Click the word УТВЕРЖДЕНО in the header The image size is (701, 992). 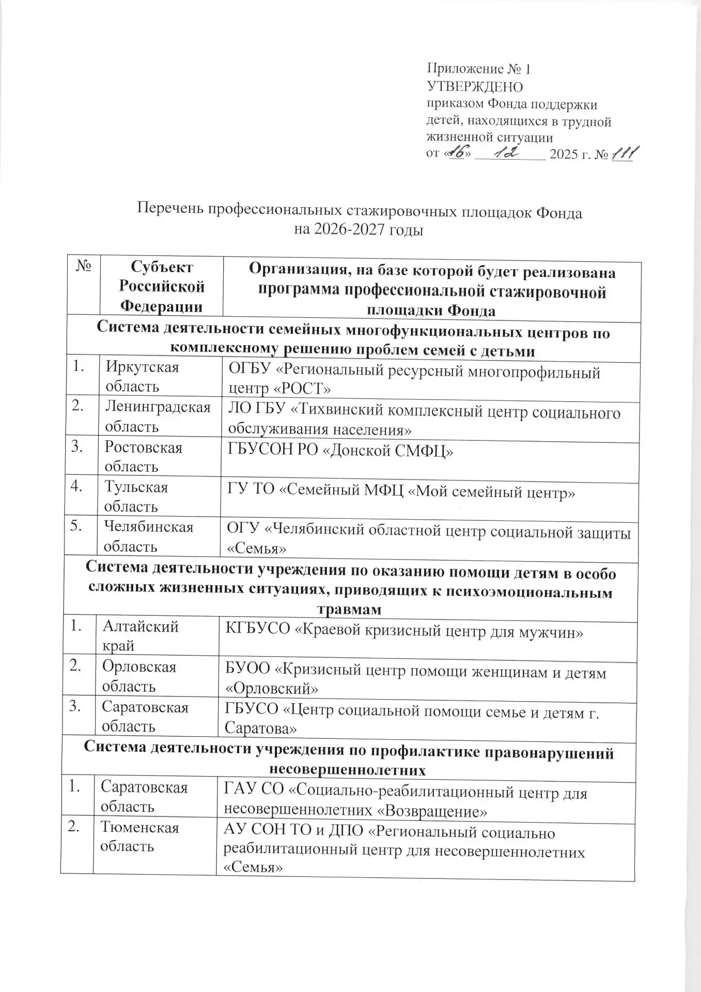(474, 86)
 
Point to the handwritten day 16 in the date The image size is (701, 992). (457, 153)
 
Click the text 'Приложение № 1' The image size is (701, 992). (478, 69)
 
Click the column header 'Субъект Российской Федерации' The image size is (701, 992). (161, 286)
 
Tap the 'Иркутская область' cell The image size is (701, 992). (143, 377)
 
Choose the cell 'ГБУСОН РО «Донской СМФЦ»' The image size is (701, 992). (340, 452)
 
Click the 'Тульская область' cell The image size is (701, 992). (136, 497)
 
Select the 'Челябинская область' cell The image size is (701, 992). (148, 536)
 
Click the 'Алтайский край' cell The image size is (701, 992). (140, 636)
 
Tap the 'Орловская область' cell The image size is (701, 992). (139, 676)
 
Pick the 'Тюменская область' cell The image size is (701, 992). (139, 836)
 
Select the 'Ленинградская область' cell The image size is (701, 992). (158, 416)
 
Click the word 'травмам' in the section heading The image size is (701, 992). (349, 609)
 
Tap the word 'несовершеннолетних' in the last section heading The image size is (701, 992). (348, 770)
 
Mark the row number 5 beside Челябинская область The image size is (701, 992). (76, 526)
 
